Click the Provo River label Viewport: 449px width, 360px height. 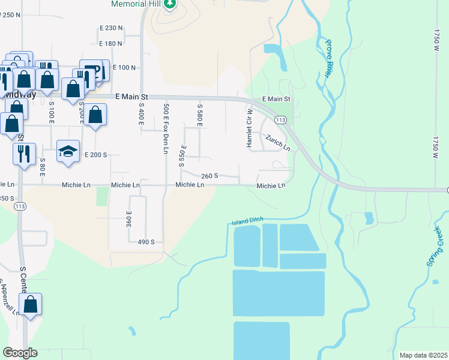pyautogui.click(x=328, y=58)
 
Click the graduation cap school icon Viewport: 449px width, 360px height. pyautogui.click(x=68, y=151)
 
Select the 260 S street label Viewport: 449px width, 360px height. pyautogui.click(x=209, y=176)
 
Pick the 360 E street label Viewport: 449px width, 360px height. pyautogui.click(x=128, y=219)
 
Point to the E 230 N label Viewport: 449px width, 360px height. pyautogui.click(x=110, y=28)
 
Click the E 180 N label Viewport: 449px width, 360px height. pyautogui.click(x=110, y=43)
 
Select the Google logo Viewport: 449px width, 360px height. pyautogui.click(x=20, y=353)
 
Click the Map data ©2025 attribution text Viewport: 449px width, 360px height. pyautogui.click(x=423, y=355)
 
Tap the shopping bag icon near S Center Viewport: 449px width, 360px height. pyautogui.click(x=31, y=305)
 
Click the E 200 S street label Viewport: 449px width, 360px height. pyautogui.click(x=95, y=155)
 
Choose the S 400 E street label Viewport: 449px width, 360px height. pyautogui.click(x=142, y=114)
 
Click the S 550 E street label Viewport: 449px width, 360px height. pyautogui.click(x=182, y=155)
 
